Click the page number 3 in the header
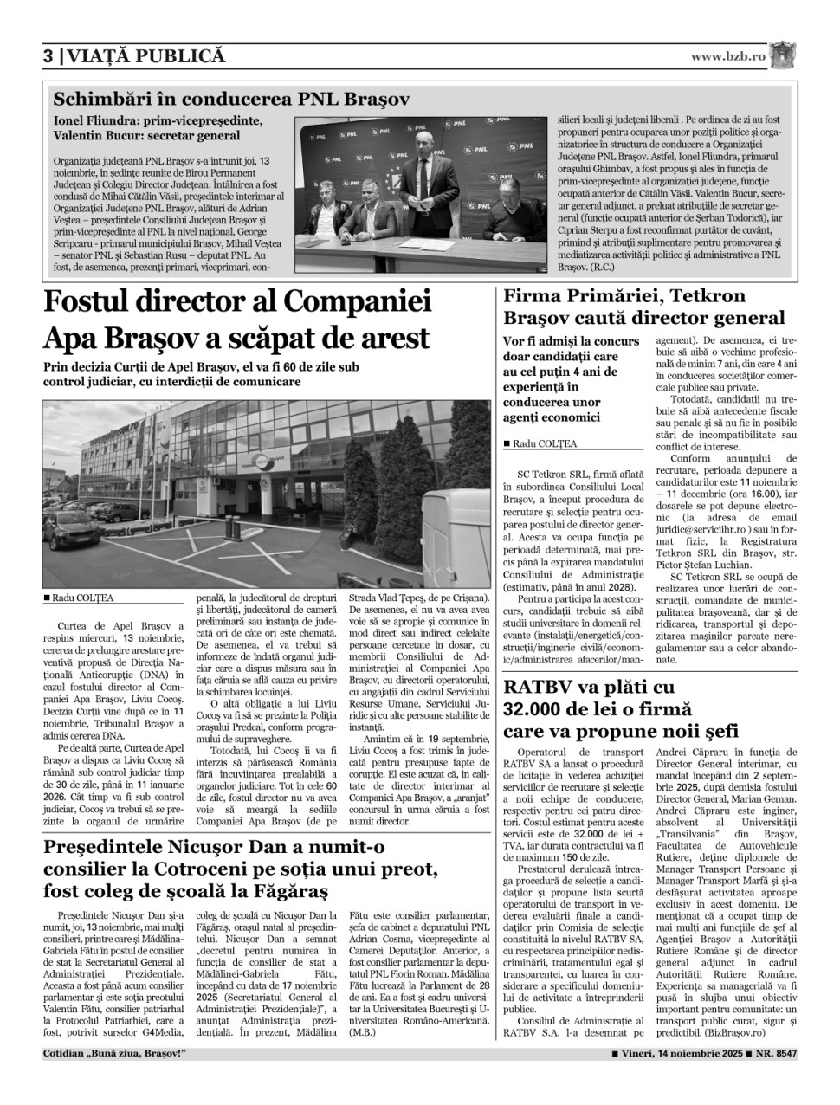point(49,56)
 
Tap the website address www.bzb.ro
point(728,55)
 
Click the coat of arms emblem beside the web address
point(783,55)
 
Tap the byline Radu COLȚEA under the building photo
point(82,598)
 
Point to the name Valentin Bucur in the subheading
point(95,136)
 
